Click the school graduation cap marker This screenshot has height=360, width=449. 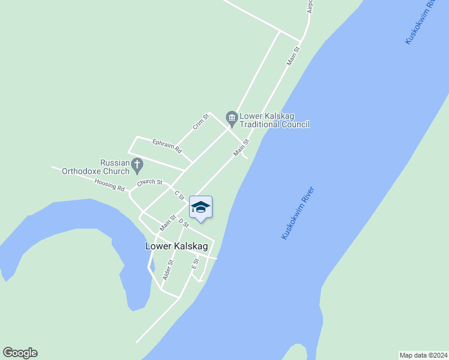200,208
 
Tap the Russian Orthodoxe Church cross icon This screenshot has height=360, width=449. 137,163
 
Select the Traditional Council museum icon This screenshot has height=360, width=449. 231,117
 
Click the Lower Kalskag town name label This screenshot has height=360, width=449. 176,246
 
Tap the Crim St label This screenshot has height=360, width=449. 200,122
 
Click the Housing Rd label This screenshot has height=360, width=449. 109,184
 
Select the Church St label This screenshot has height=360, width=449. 149,182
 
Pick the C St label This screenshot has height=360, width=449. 179,195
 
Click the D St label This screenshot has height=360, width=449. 184,223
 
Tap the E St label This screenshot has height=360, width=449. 195,263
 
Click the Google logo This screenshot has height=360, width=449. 20,353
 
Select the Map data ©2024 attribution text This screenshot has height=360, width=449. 423,355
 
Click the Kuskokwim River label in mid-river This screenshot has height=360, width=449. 298,214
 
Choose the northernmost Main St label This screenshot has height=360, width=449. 293,55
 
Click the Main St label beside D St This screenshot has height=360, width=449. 167,223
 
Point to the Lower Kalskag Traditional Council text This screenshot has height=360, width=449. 274,120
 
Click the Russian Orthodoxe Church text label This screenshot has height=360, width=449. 96,167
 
